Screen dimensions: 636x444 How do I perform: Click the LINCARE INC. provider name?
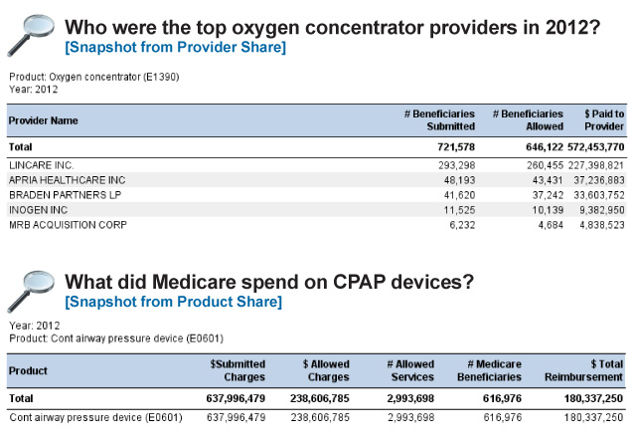(x=42, y=165)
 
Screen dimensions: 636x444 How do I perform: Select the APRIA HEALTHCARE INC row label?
(x=68, y=180)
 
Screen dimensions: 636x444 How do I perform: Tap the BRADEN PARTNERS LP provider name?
(x=65, y=195)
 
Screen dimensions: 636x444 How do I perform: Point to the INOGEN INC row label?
(x=38, y=210)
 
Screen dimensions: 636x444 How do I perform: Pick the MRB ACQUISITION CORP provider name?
(x=68, y=225)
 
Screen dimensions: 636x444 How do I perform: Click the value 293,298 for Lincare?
(x=456, y=165)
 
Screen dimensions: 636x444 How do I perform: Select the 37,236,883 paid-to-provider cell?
(x=598, y=180)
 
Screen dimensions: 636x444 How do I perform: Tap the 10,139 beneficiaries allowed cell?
(x=548, y=210)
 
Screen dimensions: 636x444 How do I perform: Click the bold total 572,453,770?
(x=595, y=147)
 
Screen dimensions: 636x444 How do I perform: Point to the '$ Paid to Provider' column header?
(x=604, y=120)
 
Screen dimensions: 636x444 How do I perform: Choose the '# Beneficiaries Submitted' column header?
(x=439, y=120)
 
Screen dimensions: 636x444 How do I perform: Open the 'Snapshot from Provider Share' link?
(x=175, y=47)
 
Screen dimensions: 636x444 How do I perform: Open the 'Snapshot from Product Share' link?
(x=173, y=302)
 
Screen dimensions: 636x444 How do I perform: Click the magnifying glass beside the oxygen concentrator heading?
(x=31, y=36)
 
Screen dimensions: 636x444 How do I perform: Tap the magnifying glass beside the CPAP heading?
(x=31, y=292)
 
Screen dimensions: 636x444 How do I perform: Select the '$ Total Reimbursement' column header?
(x=583, y=370)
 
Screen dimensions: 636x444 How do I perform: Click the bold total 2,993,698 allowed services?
(x=410, y=398)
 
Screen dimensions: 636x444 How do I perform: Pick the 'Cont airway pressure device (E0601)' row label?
(x=95, y=417)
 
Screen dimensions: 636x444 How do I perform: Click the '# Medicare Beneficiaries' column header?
(x=489, y=370)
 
